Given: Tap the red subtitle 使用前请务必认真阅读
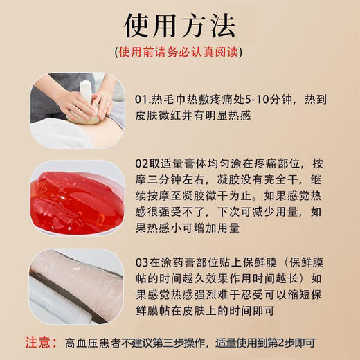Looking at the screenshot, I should coord(180,52).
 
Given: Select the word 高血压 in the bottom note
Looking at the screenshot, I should coord(79,342).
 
